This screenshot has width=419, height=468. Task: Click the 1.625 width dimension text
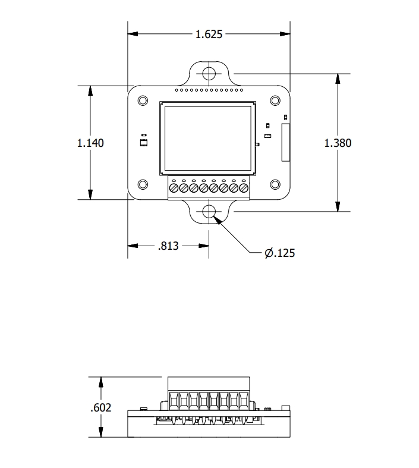(x=209, y=34)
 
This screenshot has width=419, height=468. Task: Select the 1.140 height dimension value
(x=90, y=143)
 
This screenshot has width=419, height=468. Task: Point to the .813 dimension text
(x=169, y=246)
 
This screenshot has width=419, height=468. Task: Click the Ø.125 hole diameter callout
(x=280, y=253)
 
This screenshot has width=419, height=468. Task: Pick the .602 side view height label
(x=100, y=408)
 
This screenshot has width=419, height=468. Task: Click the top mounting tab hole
(x=209, y=74)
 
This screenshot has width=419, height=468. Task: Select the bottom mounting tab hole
(x=209, y=212)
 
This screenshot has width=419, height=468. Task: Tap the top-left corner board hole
(x=143, y=100)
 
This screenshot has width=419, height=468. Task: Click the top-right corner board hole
(x=275, y=100)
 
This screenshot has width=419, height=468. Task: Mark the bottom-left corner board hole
(x=143, y=184)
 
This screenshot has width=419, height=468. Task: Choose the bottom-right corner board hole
(x=275, y=184)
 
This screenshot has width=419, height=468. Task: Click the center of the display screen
(x=207, y=139)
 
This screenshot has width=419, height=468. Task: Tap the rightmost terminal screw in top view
(x=243, y=188)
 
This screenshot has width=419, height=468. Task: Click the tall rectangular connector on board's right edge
(x=285, y=142)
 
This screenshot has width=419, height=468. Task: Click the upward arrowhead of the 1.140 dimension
(x=90, y=90)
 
